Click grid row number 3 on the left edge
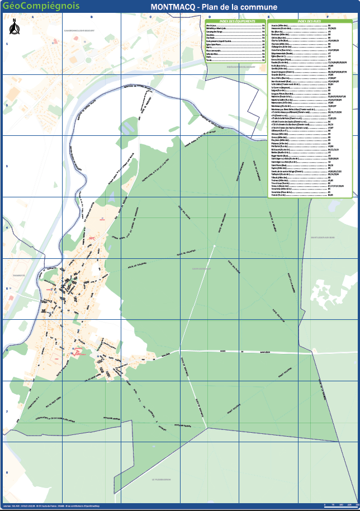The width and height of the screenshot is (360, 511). tap(7, 166)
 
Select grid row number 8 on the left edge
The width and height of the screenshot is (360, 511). tap(7, 472)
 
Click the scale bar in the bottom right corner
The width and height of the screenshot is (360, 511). tap(340, 505)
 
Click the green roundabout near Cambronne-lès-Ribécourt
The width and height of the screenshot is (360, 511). tap(54, 42)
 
